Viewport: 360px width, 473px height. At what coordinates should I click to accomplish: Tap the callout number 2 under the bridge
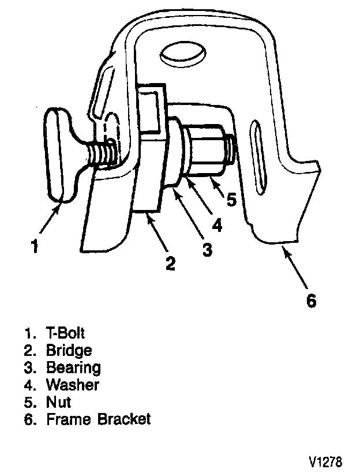170,264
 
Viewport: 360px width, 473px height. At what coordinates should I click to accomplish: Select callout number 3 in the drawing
206,249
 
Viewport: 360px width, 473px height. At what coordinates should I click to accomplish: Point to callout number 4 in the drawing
217,224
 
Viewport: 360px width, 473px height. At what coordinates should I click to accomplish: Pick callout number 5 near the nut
231,200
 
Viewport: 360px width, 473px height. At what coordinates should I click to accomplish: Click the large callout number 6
310,301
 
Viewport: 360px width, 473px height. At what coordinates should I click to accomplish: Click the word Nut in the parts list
58,401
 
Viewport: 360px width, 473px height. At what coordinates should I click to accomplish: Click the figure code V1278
325,461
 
